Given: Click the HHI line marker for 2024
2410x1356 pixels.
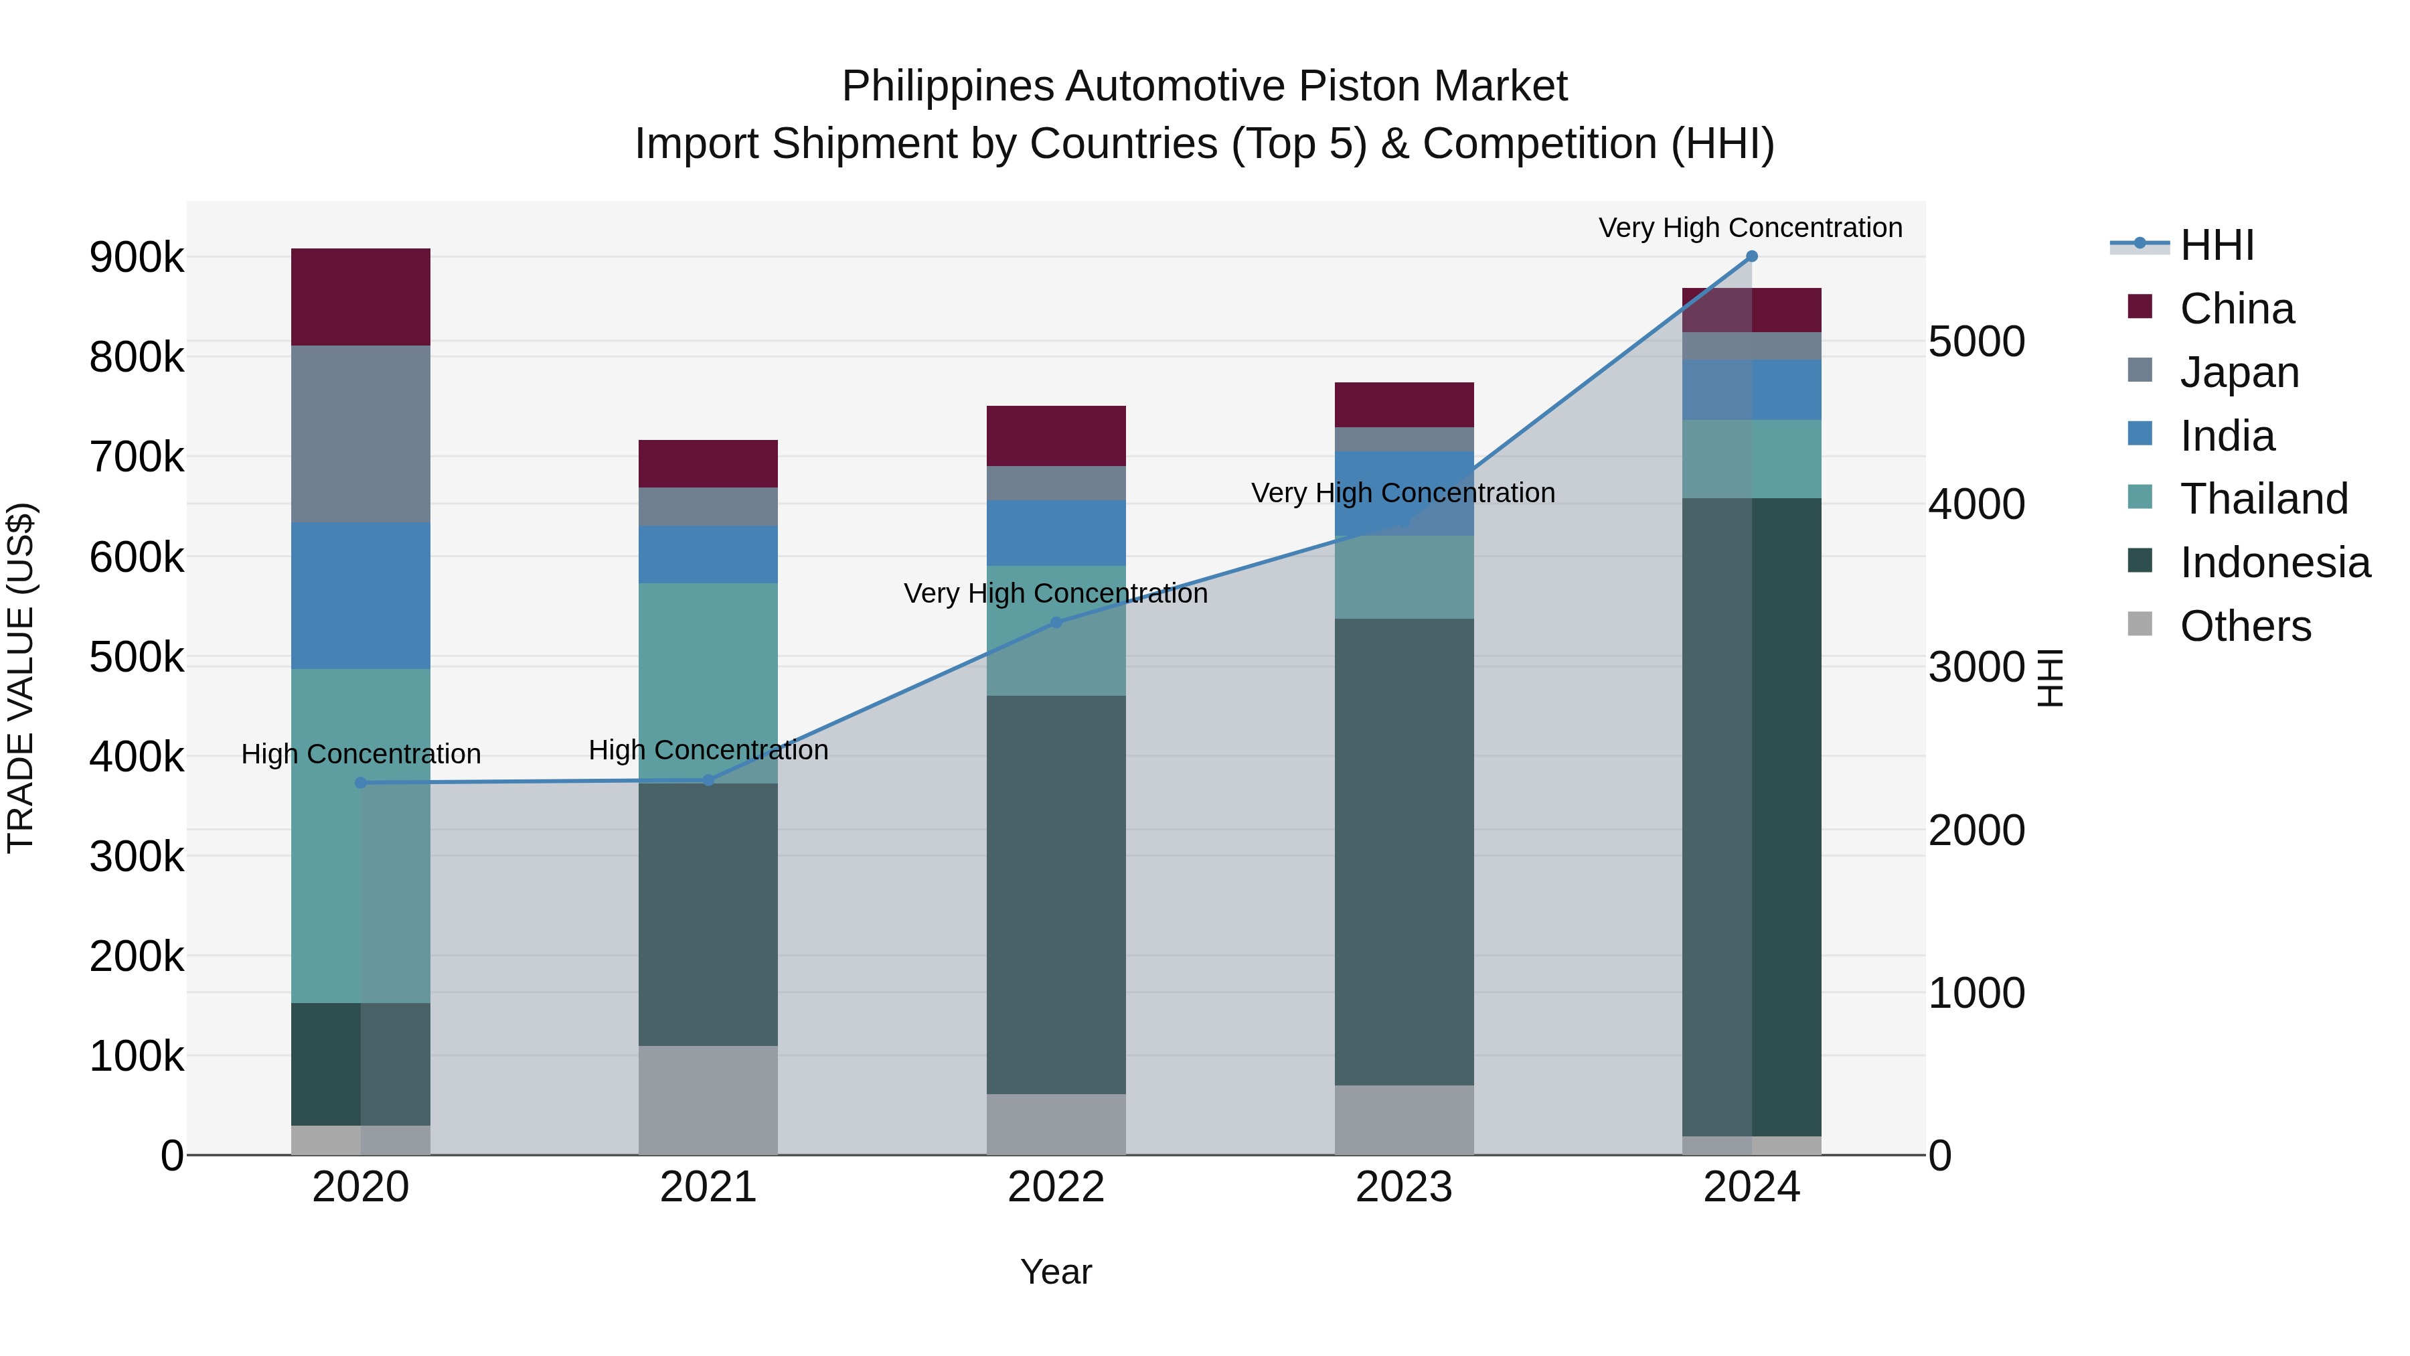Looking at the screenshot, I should point(1751,256).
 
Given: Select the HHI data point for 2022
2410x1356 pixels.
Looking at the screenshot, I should point(1056,622).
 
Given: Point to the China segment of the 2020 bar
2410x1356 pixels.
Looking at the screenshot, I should point(360,297).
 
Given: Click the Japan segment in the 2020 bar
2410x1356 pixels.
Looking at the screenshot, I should point(360,433).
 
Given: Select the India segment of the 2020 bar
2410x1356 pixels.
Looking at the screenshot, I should point(360,595).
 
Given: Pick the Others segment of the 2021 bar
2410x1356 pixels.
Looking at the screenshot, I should point(708,1100).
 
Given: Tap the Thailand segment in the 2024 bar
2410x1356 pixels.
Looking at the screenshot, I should point(1751,459).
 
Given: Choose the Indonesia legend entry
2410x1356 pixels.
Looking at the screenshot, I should point(2274,562).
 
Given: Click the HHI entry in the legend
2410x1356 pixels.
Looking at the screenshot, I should point(2217,245).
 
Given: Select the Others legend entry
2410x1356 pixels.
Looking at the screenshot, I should point(2245,626).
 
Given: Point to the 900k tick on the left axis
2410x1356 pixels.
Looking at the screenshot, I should point(137,257).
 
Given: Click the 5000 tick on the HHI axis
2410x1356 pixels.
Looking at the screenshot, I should point(1977,342).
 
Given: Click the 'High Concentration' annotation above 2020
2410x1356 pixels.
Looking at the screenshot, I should point(360,754).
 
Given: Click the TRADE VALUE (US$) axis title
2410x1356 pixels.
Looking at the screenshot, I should point(21,678).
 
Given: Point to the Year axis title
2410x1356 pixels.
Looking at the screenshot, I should point(1056,1272).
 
